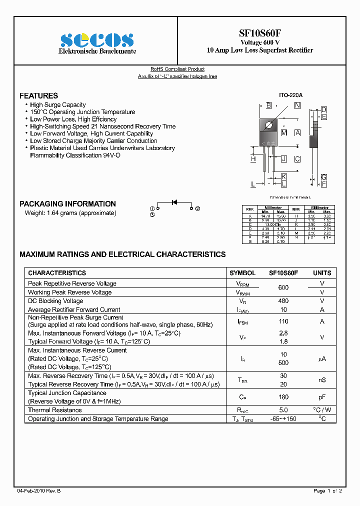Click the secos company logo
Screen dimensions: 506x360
point(97,39)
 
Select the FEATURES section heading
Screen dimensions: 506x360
point(38,95)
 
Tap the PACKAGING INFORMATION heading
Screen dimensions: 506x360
point(67,204)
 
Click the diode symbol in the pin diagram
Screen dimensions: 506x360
point(174,202)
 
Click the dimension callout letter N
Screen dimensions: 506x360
point(297,105)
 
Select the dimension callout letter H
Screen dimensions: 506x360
point(253,159)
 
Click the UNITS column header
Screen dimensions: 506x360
point(322,273)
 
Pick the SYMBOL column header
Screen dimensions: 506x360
point(242,273)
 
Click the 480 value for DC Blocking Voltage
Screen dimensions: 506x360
point(283,301)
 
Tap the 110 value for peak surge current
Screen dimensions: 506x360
point(283,321)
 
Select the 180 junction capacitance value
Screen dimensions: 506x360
point(283,397)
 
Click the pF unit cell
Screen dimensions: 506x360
point(322,397)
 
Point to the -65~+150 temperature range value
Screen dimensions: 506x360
point(283,419)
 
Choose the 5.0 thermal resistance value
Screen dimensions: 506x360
point(283,410)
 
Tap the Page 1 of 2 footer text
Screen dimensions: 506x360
point(327,491)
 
